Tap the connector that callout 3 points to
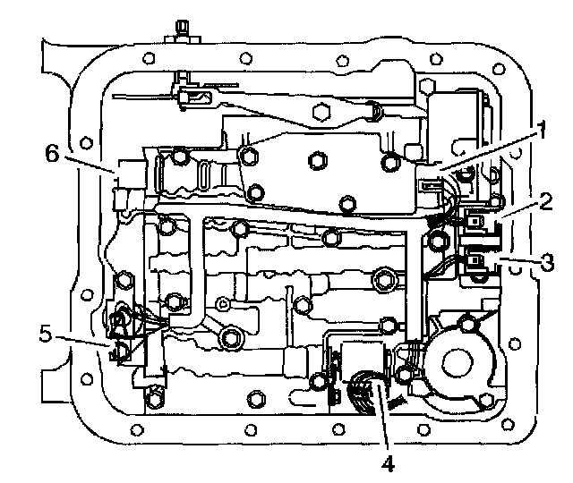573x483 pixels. tap(475, 262)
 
